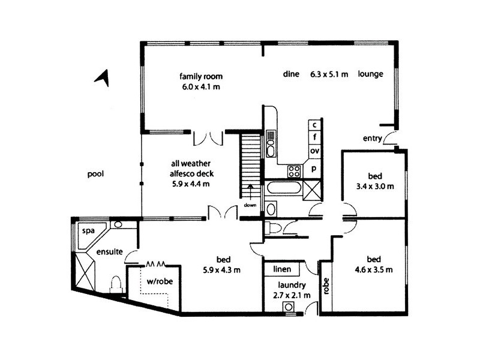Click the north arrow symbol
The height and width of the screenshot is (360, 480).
tap(103, 77)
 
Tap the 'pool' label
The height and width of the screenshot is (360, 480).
tap(95, 175)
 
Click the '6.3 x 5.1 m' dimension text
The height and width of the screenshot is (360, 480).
tap(327, 74)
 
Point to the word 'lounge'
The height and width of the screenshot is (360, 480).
tap(370, 74)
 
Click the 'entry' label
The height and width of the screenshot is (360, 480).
tap(373, 139)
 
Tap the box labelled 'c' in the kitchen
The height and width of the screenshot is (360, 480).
tap(314, 125)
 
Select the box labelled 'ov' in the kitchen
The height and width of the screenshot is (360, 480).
tap(314, 151)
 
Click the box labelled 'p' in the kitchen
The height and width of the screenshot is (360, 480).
tap(314, 169)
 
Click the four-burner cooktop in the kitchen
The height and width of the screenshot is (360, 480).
tap(294, 170)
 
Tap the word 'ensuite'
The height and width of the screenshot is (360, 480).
tap(109, 253)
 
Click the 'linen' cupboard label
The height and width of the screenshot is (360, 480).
tap(282, 269)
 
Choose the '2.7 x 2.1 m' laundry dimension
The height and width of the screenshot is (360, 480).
tap(292, 295)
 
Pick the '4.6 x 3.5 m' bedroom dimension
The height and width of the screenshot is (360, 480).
tap(373, 269)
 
